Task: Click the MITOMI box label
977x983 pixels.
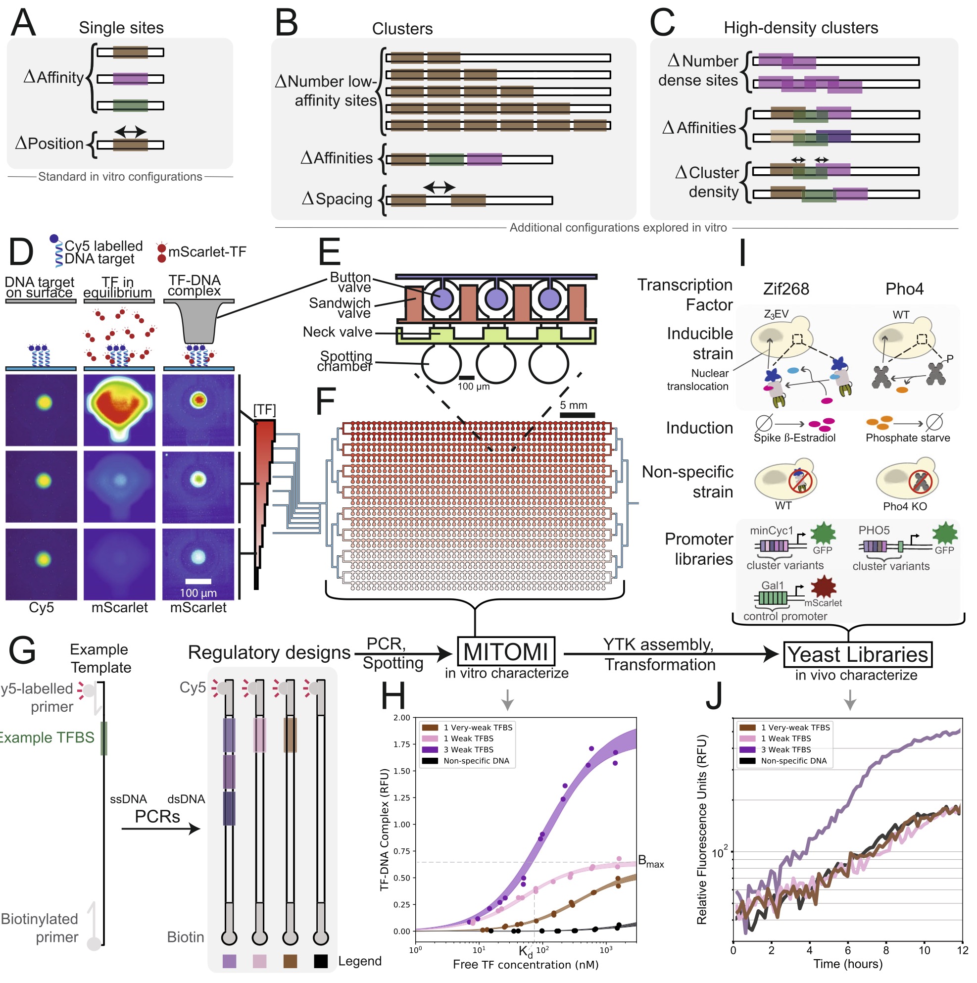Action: (506, 652)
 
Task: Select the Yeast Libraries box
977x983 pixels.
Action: (858, 654)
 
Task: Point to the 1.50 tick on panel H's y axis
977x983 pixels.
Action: (401, 771)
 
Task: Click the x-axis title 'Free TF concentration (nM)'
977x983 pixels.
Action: (526, 965)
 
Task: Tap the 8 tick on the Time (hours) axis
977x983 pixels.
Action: (886, 950)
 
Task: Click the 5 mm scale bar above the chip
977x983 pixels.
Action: (577, 415)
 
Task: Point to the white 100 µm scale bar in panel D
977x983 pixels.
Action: (198, 582)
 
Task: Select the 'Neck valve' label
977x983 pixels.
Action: (338, 332)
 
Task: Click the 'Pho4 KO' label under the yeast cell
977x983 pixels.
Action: (905, 507)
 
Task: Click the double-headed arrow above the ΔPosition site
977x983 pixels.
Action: (130, 132)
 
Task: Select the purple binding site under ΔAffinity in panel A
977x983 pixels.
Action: (130, 79)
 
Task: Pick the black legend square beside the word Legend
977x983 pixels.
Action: (321, 961)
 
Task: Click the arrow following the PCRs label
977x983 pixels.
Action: (161, 829)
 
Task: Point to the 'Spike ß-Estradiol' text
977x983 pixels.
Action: (794, 438)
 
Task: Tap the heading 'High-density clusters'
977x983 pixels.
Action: (801, 28)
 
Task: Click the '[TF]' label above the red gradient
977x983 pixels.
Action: (265, 410)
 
